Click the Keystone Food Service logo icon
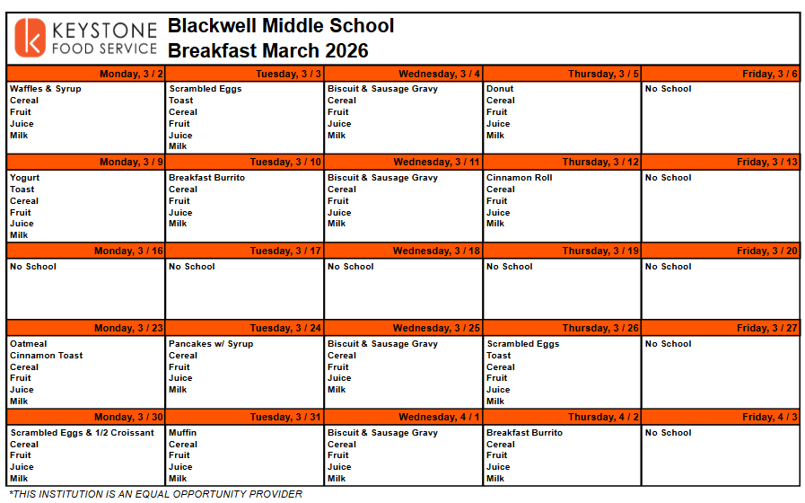click(x=31, y=39)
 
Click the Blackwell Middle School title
click(x=281, y=26)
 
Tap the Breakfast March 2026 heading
click(x=268, y=51)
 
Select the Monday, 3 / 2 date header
click(x=131, y=74)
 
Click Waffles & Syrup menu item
click(x=45, y=89)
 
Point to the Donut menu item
click(x=500, y=89)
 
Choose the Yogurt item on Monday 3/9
click(x=25, y=178)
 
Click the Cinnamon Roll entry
click(x=520, y=178)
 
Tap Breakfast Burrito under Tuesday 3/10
click(x=206, y=178)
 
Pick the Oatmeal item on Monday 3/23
click(x=29, y=344)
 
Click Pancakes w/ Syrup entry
click(x=211, y=344)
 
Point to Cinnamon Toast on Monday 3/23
click(x=47, y=356)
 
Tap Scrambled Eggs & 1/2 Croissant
click(x=83, y=433)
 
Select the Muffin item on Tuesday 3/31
click(x=182, y=433)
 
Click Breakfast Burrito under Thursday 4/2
click(x=524, y=433)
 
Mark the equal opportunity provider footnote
click(x=155, y=494)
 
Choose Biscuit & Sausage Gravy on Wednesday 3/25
click(x=382, y=344)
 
